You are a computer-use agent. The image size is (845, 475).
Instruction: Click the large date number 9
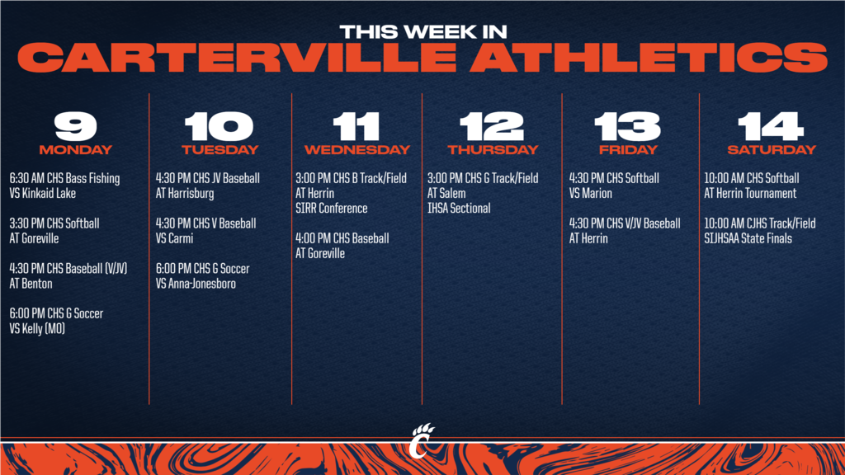[75, 126]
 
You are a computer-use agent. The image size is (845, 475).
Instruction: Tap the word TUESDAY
[220, 150]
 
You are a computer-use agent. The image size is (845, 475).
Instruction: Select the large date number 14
[771, 126]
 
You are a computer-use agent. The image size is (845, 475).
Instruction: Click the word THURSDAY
[493, 150]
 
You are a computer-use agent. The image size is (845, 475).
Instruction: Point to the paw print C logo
[422, 440]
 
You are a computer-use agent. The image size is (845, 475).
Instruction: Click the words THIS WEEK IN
[423, 32]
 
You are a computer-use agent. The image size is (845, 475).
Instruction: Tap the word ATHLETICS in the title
[649, 57]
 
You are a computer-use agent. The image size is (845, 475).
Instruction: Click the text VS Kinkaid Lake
[43, 193]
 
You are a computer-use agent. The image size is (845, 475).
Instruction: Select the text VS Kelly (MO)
[37, 328]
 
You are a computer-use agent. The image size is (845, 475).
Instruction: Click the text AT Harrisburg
[185, 193]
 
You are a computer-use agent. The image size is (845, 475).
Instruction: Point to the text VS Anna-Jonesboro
[196, 284]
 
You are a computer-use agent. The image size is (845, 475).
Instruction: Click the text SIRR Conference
[332, 209]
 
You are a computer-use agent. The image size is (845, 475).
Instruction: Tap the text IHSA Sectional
[459, 209]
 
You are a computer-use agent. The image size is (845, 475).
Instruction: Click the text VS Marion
[591, 193]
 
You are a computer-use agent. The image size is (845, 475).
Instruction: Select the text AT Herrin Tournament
[750, 193]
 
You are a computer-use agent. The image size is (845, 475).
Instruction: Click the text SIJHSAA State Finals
[748, 238]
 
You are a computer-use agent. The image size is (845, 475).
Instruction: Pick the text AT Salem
[446, 193]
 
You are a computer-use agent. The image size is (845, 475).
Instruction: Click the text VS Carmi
[174, 238]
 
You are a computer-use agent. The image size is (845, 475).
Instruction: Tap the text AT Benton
[31, 284]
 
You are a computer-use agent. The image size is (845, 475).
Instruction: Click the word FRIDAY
[628, 150]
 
